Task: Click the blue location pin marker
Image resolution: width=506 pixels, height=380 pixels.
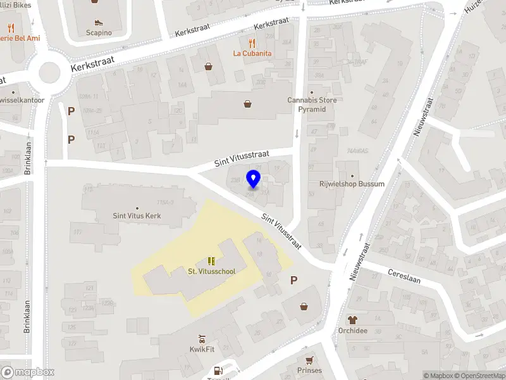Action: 253,179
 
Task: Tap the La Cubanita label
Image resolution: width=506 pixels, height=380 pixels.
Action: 252,53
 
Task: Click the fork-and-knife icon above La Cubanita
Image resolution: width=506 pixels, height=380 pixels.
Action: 252,43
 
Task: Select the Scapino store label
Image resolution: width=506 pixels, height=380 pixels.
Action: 99,32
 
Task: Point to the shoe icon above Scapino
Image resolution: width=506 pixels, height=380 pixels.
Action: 99,20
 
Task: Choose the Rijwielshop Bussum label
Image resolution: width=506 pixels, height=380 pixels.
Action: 352,184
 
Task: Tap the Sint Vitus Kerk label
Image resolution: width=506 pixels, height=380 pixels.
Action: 137,216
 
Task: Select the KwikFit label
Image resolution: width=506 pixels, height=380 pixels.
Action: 201,349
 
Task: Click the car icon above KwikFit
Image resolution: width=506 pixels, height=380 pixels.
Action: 201,338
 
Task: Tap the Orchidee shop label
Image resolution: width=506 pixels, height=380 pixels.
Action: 353,331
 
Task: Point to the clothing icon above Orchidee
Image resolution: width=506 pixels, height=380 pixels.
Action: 353,320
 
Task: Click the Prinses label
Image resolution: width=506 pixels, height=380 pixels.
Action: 309,370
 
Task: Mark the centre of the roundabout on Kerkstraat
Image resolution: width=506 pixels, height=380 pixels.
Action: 49,73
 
